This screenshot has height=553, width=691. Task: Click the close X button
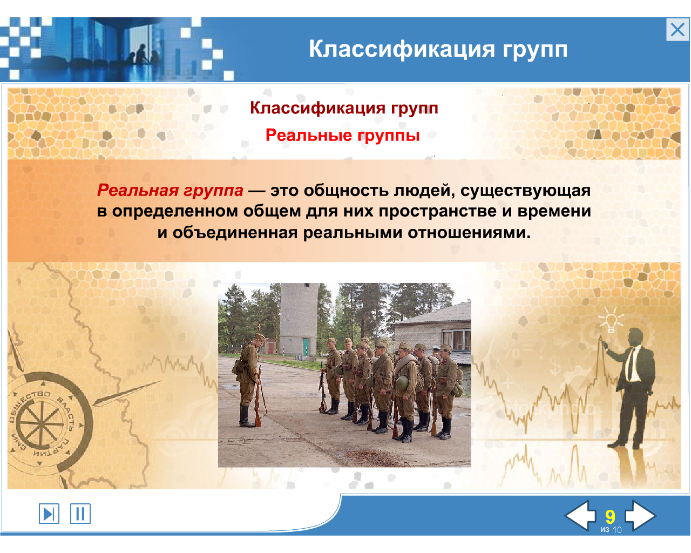(x=678, y=30)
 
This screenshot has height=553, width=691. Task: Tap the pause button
(x=80, y=514)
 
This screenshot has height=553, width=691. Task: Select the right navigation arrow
(x=640, y=515)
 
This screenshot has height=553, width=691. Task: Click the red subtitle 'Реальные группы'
(x=343, y=135)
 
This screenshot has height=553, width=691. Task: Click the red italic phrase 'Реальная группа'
(x=170, y=190)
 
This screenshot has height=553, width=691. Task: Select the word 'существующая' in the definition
(x=525, y=190)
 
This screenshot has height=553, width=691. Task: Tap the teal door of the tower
(x=306, y=347)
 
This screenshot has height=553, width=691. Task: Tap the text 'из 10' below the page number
(x=611, y=530)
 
